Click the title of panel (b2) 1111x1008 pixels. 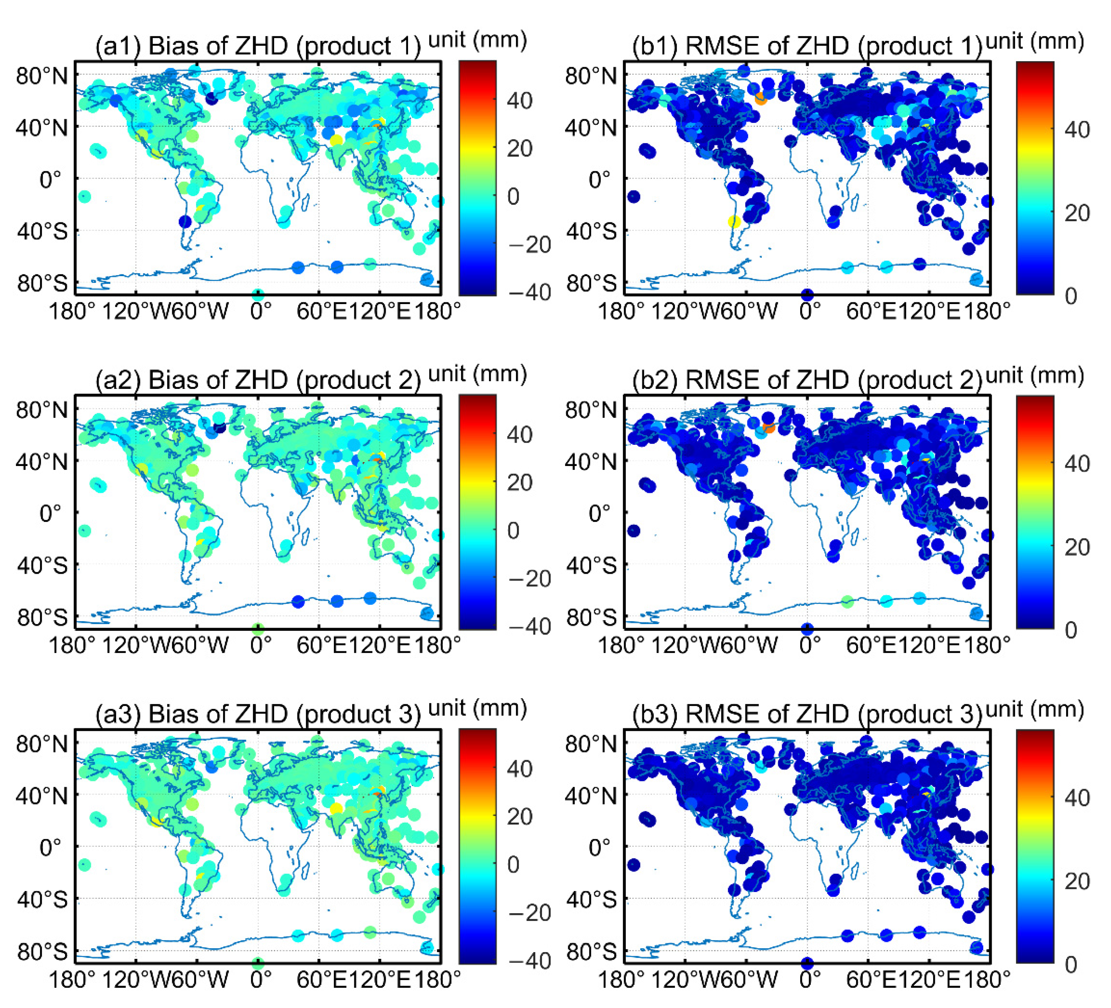click(x=807, y=380)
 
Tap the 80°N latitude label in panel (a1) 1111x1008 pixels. click(x=42, y=76)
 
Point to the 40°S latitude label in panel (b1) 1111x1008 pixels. click(x=591, y=232)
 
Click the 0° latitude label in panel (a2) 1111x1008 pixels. click(x=51, y=514)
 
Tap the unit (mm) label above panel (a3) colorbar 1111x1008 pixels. click(x=477, y=709)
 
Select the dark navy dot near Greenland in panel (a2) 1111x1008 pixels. click(x=219, y=428)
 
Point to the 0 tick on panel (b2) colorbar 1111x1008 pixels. click(x=1070, y=630)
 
